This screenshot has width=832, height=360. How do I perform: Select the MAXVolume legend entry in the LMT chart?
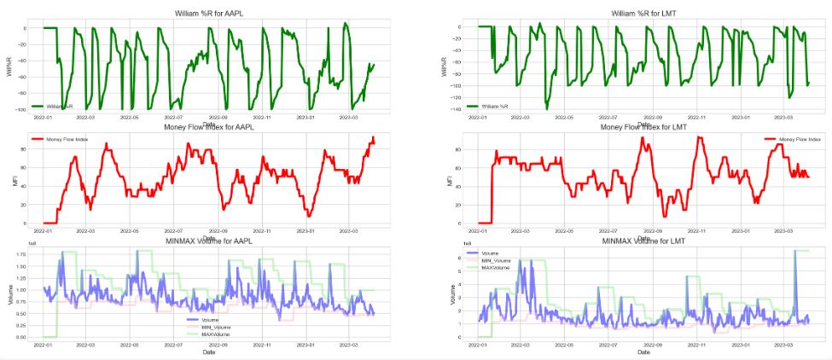[494, 267]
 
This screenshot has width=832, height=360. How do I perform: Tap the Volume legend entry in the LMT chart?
[489, 253]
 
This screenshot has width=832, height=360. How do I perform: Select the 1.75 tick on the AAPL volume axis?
[20, 253]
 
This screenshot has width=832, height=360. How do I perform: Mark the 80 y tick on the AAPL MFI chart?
[25, 148]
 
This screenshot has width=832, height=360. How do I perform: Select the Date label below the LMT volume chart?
[643, 351]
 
